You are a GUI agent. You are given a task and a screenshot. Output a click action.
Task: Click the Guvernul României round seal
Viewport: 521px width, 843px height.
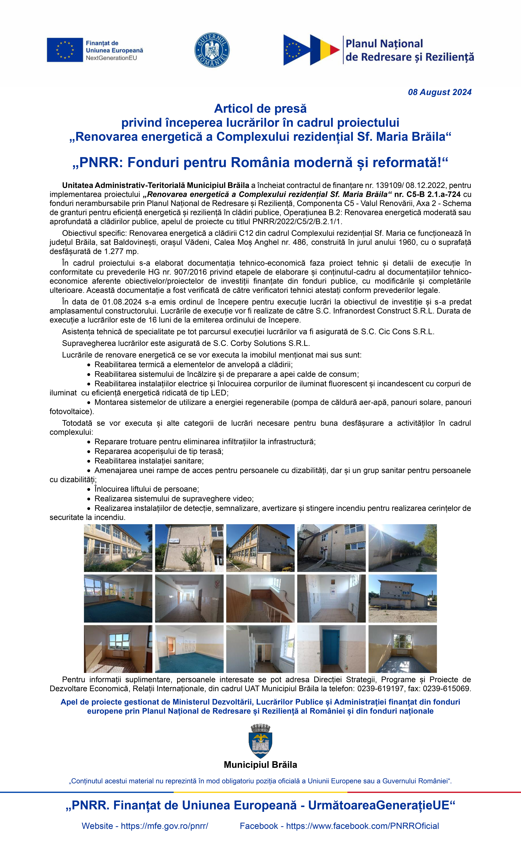[x=212, y=50]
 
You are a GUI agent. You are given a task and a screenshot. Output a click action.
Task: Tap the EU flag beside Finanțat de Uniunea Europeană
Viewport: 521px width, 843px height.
[x=65, y=50]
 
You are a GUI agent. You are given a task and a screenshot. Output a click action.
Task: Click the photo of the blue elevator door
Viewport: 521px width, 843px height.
[x=331, y=649]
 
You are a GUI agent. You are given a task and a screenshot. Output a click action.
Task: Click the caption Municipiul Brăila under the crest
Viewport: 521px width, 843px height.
[x=260, y=765]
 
